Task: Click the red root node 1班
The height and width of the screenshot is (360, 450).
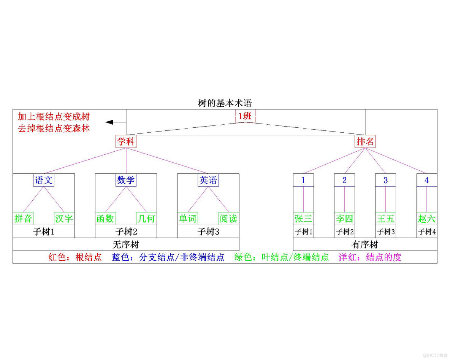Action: (245, 116)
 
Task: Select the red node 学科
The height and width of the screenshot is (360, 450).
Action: (126, 142)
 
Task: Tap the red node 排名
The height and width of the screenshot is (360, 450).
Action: (365, 142)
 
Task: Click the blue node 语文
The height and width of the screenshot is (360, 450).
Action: (44, 180)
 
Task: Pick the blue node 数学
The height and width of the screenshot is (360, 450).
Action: (126, 180)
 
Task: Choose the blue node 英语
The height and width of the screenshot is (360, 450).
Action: (208, 180)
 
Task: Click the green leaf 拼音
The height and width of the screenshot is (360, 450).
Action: (23, 219)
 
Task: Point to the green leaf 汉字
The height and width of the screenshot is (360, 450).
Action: (64, 219)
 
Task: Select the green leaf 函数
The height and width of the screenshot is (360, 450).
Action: (105, 219)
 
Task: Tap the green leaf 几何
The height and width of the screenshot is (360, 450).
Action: (146, 219)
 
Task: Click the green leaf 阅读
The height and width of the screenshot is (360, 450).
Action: (228, 219)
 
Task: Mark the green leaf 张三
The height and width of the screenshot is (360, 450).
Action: (303, 219)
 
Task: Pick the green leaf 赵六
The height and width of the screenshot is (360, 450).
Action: (426, 219)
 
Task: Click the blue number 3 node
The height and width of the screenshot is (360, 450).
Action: (385, 180)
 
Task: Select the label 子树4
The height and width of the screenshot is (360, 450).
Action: (426, 232)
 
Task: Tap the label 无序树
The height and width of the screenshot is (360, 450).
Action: (126, 244)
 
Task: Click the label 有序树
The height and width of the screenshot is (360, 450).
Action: (365, 244)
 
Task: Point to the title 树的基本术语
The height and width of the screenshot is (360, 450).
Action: (225, 103)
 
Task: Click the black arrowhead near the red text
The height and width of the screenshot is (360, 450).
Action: (109, 122)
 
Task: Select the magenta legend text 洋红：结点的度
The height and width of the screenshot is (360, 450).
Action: (370, 257)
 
